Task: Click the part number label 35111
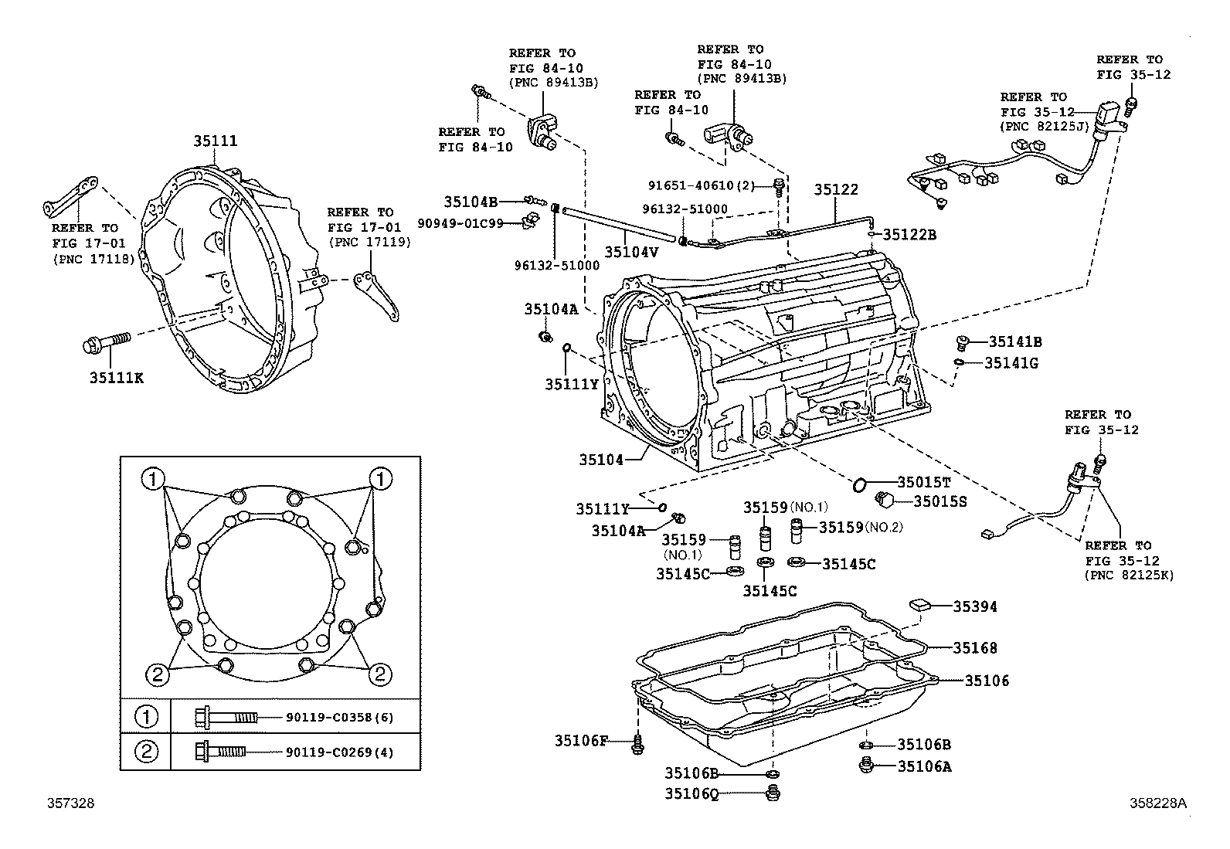(215, 141)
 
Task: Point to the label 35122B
(909, 234)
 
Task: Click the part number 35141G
(1011, 362)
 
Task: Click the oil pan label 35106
(987, 681)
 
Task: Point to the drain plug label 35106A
(923, 766)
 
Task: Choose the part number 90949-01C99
(471, 223)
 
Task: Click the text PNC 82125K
(1129, 576)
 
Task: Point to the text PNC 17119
(369, 242)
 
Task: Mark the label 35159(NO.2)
(861, 528)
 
